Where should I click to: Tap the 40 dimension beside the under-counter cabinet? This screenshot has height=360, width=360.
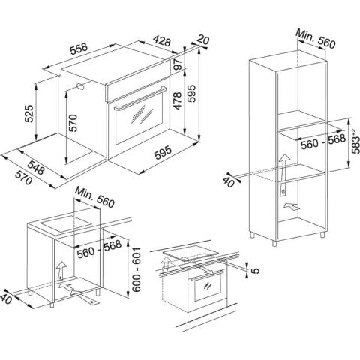[x=7, y=298]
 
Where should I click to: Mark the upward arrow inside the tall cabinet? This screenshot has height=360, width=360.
[x=283, y=164]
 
